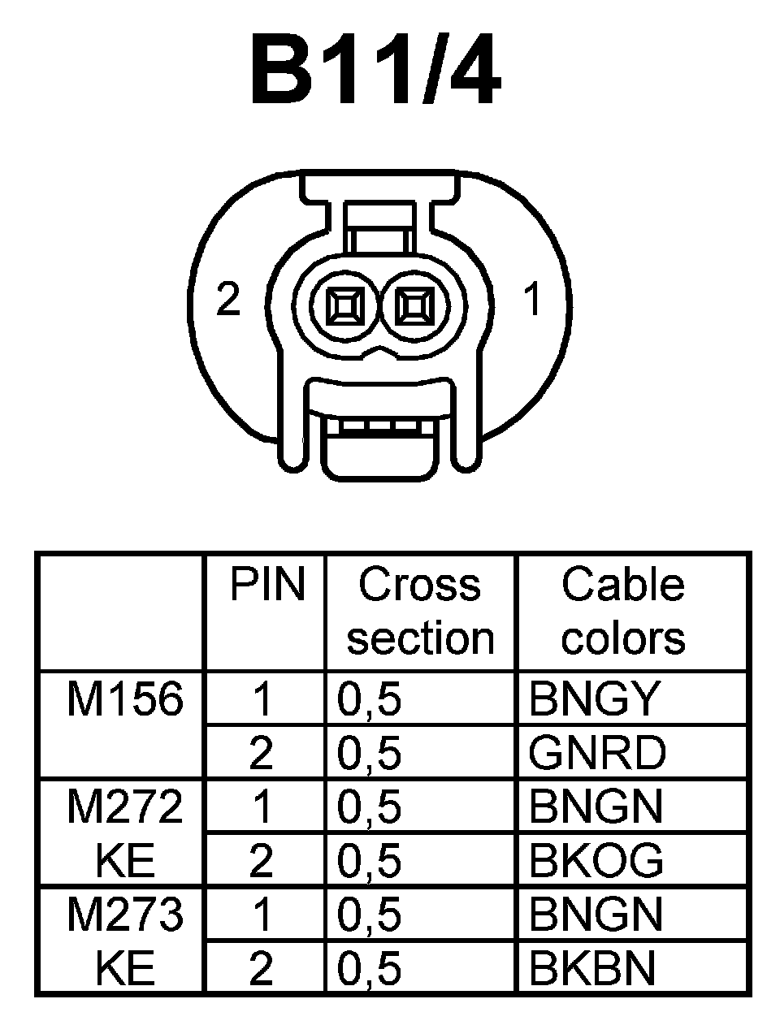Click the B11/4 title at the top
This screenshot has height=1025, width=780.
375,71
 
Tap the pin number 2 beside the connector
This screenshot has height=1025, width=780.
228,301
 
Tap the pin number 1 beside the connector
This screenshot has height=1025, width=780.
532,301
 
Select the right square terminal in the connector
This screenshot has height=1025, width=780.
413,309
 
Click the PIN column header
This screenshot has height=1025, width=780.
266,585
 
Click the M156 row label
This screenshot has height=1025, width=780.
124,698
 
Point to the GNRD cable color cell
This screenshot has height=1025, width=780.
596,753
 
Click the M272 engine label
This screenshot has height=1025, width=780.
124,807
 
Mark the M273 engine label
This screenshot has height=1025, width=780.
124,915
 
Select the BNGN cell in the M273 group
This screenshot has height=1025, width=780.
595,915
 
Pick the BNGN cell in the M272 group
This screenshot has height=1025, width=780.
595,807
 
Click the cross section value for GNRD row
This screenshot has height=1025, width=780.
370,753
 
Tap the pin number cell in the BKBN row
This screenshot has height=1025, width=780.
262,968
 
